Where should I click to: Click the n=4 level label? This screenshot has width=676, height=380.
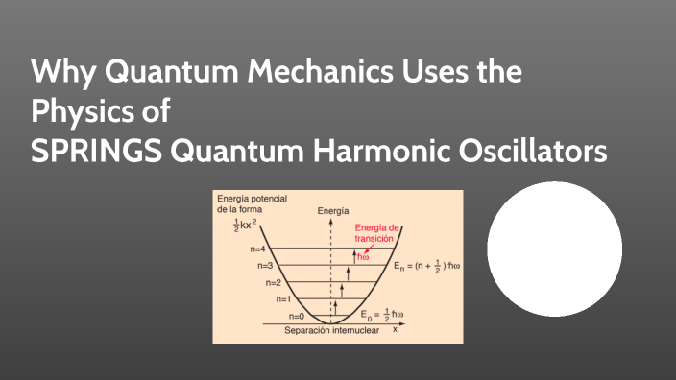tap(258, 248)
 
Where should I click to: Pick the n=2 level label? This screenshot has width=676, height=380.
tap(274, 282)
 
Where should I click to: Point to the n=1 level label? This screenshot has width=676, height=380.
tap(283, 299)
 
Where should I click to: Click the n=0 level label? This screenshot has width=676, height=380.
tap(296, 316)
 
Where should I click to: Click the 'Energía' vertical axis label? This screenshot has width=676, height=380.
tap(332, 210)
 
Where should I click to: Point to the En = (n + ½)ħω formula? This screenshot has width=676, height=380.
tap(426, 265)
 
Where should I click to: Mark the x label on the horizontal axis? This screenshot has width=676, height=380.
tap(394, 329)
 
